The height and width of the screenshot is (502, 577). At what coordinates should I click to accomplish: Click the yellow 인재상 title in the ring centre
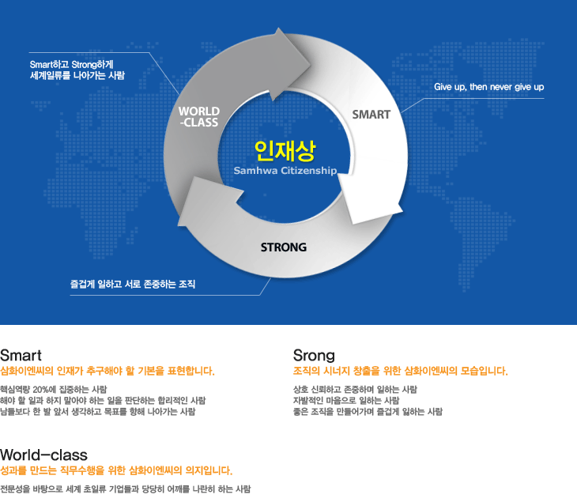[285, 150]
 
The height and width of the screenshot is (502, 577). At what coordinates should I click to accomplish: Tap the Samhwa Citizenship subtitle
[285, 171]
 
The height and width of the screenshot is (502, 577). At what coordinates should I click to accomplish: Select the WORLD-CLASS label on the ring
[199, 117]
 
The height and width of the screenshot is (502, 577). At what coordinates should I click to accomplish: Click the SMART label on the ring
[371, 115]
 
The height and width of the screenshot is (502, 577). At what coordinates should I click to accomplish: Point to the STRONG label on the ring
[283, 247]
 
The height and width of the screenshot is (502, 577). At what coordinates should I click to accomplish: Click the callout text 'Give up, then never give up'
[488, 87]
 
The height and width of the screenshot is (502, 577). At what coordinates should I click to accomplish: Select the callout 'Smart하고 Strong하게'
[71, 65]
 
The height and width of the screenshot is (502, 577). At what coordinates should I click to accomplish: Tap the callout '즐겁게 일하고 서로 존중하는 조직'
[133, 284]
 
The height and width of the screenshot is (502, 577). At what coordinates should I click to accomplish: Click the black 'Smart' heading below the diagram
[21, 356]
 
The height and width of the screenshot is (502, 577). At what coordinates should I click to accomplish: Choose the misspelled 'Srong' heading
[314, 356]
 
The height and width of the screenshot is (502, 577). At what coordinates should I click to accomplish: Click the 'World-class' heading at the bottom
[43, 455]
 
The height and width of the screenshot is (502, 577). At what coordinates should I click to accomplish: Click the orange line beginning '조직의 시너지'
[401, 371]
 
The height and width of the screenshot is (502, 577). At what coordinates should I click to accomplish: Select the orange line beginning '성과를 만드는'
[116, 470]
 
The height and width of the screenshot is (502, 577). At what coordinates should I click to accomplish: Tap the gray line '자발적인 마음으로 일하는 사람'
[346, 401]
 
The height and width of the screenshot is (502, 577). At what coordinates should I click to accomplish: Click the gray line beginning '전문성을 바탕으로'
[125, 489]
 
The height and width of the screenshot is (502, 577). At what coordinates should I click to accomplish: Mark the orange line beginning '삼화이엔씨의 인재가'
[107, 371]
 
